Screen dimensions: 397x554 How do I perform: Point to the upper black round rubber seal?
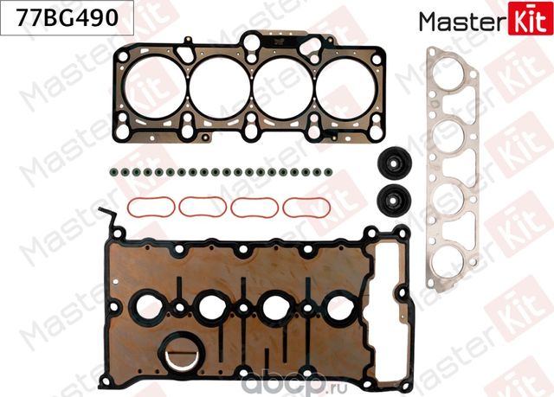pyautogui.click(x=393, y=163)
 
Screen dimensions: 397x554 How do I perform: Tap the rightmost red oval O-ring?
pyautogui.click(x=307, y=208)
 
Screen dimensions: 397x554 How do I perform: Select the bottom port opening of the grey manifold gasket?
pyautogui.click(x=457, y=241)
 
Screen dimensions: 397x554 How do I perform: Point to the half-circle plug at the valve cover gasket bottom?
pyautogui.click(x=182, y=357)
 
